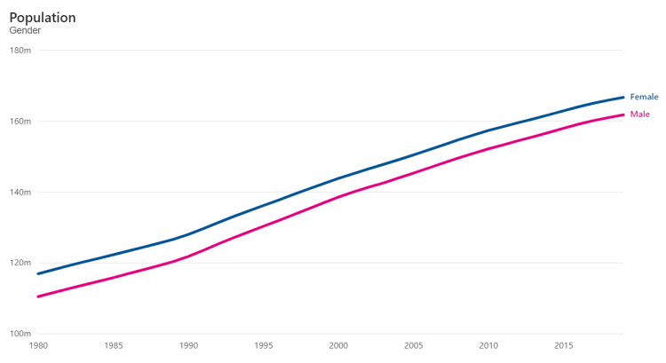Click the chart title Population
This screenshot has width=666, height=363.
coord(43,18)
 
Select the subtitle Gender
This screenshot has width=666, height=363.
coord(25,30)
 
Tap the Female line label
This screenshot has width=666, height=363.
coord(644,97)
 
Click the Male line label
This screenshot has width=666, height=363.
coord(639,114)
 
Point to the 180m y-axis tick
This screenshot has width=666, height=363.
coord(20,51)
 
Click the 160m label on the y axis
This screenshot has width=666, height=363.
coord(20,122)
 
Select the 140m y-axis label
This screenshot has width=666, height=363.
coord(20,193)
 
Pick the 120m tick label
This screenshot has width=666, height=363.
coord(20,263)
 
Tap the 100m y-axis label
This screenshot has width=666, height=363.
coord(20,334)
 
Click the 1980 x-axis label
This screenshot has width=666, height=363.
coord(38,345)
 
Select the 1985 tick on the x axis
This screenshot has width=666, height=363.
coord(114,345)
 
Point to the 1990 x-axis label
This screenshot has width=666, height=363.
coord(188,345)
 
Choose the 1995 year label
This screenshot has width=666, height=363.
coord(264,345)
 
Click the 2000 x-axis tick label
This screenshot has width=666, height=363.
coord(338,345)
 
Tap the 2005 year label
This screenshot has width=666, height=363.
coord(414,345)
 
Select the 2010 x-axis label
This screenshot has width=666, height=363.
coord(488,345)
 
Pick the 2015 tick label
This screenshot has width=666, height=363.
coord(564,345)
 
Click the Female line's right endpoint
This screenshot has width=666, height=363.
coord(623,98)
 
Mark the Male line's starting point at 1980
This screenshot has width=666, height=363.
coord(38,296)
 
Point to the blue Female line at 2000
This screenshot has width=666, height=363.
coord(338,178)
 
